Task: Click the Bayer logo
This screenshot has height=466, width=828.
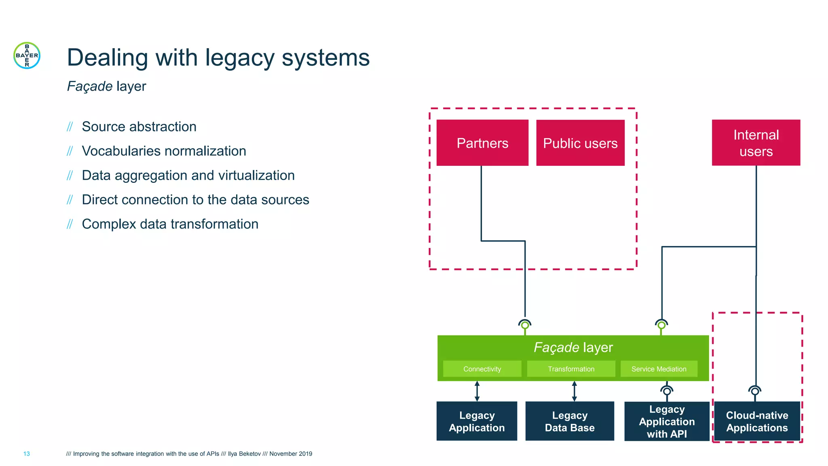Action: [27, 55]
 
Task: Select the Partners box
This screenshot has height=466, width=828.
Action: [482, 143]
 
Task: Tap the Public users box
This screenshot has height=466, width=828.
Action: [580, 143]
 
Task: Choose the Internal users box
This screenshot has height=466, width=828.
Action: [756, 143]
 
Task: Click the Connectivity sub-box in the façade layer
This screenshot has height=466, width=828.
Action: [482, 369]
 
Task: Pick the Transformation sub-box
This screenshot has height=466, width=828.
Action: [571, 369]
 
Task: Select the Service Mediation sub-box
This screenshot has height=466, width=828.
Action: [659, 369]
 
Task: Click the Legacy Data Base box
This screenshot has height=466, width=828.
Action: [570, 421]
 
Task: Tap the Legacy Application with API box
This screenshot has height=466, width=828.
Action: [667, 421]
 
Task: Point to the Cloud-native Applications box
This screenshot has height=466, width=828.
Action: [757, 421]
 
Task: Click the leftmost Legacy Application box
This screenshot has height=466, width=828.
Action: [477, 421]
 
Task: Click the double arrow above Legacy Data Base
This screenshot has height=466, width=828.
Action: [574, 391]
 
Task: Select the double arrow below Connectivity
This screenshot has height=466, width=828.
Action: [477, 391]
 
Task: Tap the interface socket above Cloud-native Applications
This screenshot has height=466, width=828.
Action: [755, 391]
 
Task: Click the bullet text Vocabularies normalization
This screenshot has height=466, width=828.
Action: [164, 151]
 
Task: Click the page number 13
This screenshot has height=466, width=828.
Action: [27, 454]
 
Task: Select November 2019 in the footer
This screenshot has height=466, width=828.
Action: [291, 454]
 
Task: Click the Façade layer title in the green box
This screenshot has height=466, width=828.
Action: [573, 347]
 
